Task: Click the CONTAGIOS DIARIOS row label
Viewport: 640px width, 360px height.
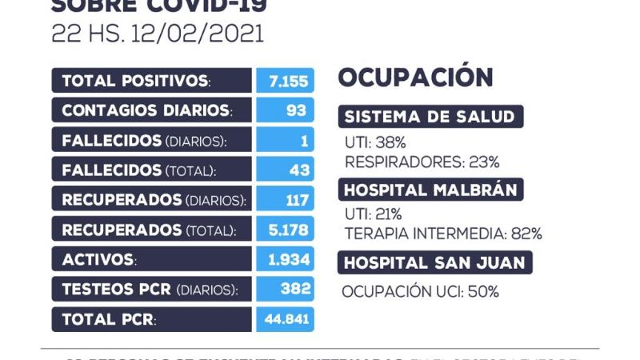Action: click(x=146, y=110)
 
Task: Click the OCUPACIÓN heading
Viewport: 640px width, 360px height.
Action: click(x=415, y=78)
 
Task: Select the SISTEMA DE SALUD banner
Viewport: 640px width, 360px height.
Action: click(x=430, y=117)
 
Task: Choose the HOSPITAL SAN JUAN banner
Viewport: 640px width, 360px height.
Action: click(x=435, y=262)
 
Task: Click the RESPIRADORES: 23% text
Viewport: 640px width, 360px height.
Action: click(x=422, y=162)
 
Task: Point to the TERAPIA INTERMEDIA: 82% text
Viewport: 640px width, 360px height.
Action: click(x=443, y=234)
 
